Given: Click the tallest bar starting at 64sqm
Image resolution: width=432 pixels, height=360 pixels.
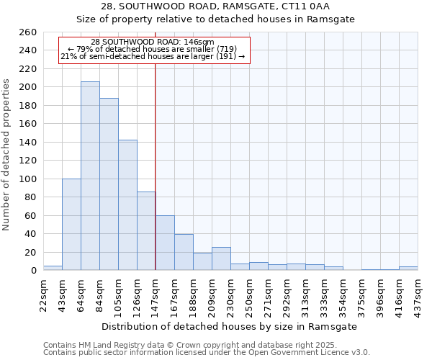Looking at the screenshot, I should (x=90, y=176).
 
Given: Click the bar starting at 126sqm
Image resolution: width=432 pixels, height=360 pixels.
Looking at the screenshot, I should (x=146, y=231).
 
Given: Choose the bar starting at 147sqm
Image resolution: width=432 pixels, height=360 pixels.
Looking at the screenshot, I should (x=165, y=243).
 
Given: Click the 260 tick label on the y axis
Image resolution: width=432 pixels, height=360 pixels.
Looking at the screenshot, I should (x=27, y=32).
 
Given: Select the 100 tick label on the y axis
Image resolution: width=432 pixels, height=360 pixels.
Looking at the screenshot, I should (x=27, y=179).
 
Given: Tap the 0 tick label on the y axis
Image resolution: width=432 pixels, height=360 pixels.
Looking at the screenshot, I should (x=33, y=271).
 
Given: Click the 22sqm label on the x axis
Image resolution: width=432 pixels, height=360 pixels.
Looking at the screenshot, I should (x=44, y=294).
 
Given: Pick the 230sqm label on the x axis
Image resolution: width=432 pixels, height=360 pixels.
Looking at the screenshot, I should (x=230, y=294).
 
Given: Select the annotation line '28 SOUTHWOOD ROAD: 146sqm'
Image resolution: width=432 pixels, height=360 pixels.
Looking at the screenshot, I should (x=153, y=42).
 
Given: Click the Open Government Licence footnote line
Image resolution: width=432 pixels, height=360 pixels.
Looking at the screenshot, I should (x=207, y=352).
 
